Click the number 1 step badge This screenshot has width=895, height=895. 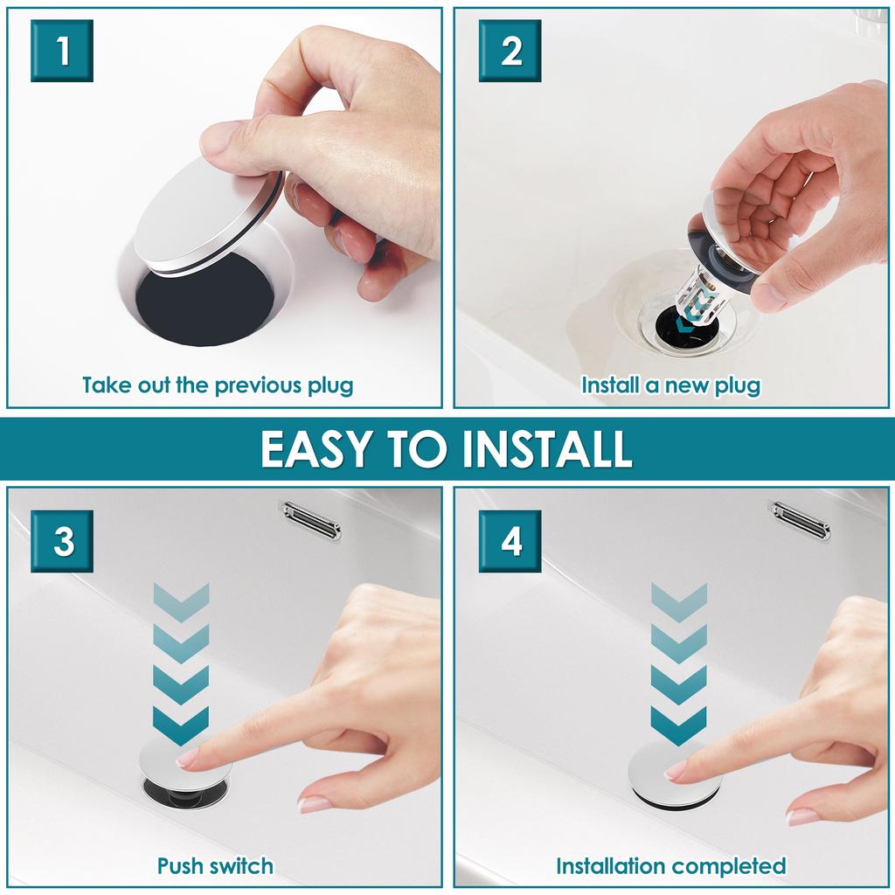point(62,51)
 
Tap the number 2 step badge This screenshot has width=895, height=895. point(510,51)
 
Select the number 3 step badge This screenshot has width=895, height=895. point(62,541)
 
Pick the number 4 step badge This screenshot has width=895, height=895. point(510,541)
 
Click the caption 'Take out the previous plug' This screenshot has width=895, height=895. point(218,385)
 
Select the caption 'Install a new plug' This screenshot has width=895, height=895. point(670,385)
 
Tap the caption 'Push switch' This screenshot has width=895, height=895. point(215,866)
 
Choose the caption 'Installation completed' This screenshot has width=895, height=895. point(670,866)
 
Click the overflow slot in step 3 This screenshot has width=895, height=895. point(310,519)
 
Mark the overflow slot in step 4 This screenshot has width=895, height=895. point(800,519)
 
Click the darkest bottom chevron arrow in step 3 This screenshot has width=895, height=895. point(181,724)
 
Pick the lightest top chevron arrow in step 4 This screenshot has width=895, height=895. point(679,599)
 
